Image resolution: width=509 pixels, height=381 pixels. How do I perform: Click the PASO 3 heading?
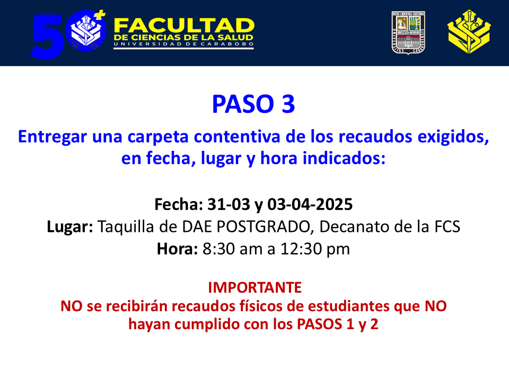click(253, 104)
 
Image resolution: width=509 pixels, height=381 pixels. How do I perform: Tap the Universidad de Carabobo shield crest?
click(408, 33)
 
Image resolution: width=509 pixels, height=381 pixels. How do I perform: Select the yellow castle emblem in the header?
click(469, 32)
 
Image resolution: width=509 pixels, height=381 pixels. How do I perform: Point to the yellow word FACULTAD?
click(184, 25)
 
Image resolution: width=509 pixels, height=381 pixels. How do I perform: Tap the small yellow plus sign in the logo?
click(101, 15)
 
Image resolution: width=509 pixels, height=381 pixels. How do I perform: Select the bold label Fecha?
click(179, 204)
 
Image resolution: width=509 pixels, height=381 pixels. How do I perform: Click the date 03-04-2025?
click(310, 204)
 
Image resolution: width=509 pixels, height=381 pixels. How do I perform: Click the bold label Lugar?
click(70, 227)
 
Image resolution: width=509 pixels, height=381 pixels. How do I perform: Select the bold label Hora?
click(177, 249)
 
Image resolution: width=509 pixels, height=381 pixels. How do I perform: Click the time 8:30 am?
click(232, 249)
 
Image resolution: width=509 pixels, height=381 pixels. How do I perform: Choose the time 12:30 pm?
click(315, 249)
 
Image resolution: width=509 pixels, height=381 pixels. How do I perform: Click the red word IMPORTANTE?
click(255, 287)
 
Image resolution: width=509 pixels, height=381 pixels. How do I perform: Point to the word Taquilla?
click(126, 227)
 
